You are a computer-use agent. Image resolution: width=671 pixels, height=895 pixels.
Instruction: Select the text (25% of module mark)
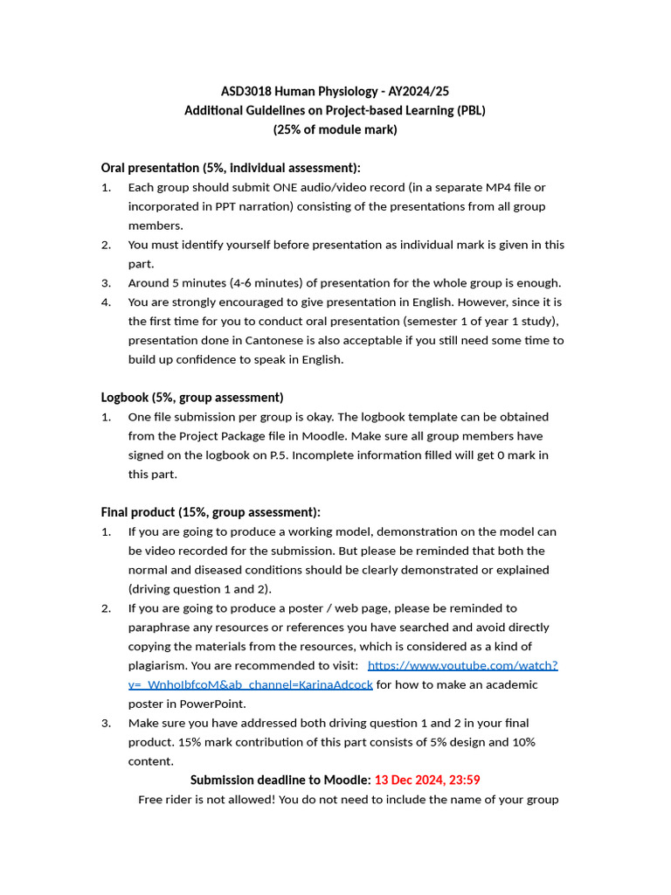[335, 129]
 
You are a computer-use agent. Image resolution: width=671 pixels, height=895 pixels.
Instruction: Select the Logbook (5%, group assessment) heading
[192, 398]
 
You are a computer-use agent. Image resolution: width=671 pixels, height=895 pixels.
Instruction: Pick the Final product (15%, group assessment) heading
[211, 512]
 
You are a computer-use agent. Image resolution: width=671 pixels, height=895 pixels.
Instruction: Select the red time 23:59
[463, 780]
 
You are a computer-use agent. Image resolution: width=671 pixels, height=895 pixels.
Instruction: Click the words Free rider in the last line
[167, 799]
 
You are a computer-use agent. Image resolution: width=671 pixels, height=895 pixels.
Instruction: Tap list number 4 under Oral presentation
[106, 302]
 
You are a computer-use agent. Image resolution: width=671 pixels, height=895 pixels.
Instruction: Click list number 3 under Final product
[106, 723]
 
